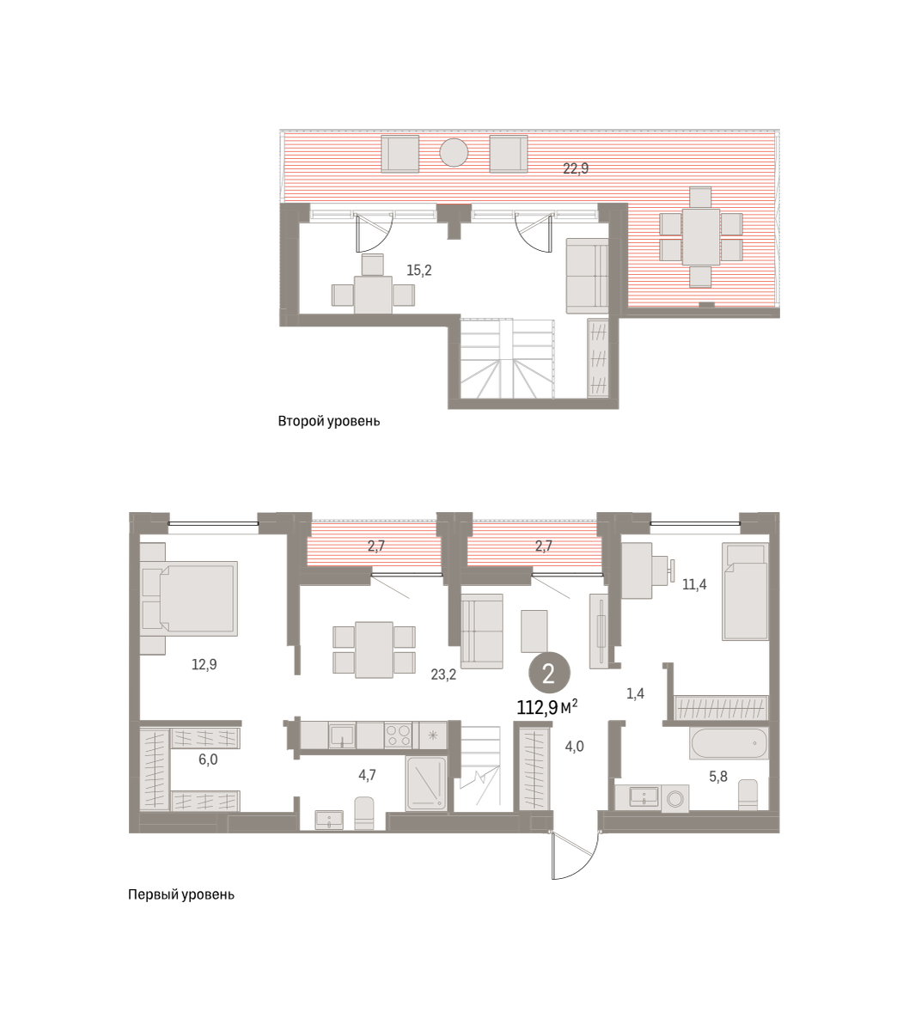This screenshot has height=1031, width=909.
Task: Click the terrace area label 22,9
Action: point(575,168)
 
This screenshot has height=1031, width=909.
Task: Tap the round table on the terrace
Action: point(454,153)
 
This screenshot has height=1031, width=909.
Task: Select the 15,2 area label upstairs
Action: point(419,271)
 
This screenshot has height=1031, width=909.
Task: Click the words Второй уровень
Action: point(329,421)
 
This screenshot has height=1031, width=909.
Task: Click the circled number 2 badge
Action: point(549,674)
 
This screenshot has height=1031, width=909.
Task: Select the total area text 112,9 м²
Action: point(547,707)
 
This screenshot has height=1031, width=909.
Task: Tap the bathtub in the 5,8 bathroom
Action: point(729,743)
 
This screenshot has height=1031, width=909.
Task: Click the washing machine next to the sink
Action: point(675,798)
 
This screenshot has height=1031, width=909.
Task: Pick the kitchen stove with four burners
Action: point(398,735)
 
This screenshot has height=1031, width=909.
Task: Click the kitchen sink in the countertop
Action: point(342,735)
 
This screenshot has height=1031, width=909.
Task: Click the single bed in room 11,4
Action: point(745,591)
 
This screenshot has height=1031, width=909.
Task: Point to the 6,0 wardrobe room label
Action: point(208,760)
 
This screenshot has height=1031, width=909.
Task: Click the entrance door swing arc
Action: point(585,861)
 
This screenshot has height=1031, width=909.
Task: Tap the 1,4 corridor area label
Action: point(635,693)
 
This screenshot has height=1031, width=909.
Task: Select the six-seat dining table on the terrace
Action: point(701,237)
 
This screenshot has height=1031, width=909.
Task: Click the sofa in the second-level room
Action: point(588,276)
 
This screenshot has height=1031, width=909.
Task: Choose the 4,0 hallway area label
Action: point(574,747)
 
